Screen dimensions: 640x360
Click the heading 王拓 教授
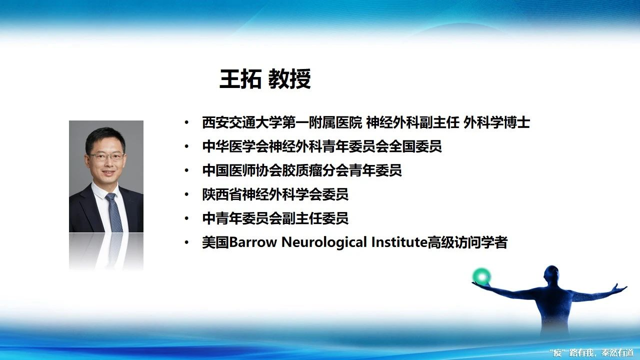(265, 79)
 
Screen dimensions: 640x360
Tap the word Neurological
(324, 243)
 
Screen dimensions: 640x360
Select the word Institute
(399, 242)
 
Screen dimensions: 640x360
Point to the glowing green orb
(481, 276)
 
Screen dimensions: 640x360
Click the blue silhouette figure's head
(551, 274)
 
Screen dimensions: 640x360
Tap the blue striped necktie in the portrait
(114, 213)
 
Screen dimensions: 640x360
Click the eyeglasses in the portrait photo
(107, 156)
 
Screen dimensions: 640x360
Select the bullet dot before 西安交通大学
(186, 123)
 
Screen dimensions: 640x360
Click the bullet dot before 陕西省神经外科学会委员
(186, 194)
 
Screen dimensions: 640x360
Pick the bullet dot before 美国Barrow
(186, 242)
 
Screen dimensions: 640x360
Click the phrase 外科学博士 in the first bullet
(496, 122)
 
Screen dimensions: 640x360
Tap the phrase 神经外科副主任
(412, 122)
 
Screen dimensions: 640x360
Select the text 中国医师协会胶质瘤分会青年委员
(302, 170)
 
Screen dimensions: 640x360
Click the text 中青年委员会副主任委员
(275, 218)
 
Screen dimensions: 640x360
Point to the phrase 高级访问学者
(467, 242)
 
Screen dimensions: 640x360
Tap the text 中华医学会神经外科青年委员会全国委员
(322, 146)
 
